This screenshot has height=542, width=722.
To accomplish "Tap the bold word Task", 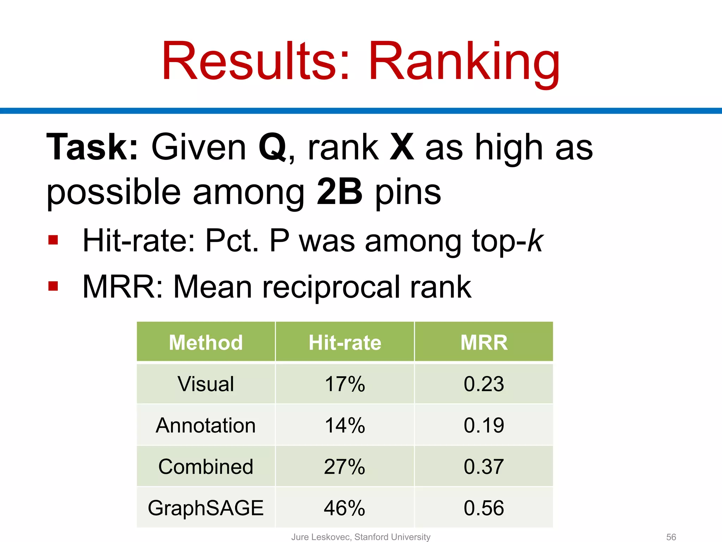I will point(92,147).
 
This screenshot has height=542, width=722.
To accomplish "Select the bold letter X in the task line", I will point(402,147).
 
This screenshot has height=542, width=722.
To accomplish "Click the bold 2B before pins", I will point(339,192).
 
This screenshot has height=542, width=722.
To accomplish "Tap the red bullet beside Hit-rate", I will point(53,240).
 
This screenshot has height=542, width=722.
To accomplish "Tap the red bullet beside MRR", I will point(53,286).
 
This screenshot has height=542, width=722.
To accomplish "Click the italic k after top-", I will point(535,241).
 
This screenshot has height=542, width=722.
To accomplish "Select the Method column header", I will point(206,342).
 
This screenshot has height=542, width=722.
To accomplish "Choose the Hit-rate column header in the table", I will point(345,342).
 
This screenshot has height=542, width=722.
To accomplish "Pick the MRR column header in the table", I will point(484,342).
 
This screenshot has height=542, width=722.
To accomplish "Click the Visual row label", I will point(206,384).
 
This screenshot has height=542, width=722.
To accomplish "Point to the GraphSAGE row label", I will point(206,508).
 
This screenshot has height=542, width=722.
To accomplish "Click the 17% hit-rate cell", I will point(345,384).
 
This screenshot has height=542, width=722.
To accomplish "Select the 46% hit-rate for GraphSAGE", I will point(345,508).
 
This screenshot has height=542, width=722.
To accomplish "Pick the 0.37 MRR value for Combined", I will point(484,466).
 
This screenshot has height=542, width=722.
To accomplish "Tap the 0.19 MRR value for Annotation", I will point(484,425).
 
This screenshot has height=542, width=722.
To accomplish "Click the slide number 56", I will point(671,537).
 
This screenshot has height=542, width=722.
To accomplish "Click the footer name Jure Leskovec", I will point(321,537).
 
